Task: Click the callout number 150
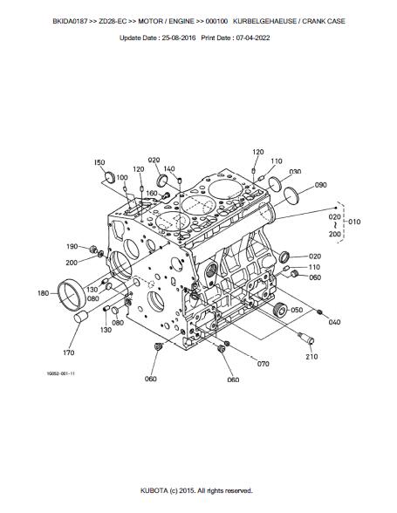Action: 99,162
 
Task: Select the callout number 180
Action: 44,293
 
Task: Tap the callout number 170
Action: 68,352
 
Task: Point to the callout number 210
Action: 311,357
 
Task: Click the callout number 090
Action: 321,185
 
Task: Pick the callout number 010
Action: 354,222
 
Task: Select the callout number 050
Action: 297,310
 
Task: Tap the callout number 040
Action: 334,322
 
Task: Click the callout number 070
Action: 264,364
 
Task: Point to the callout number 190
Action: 72,247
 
